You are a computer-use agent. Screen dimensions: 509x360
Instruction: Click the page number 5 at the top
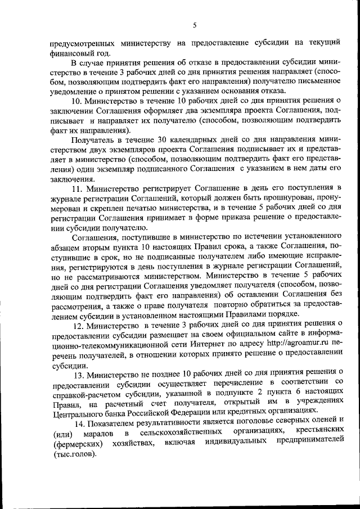coord(195,25)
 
